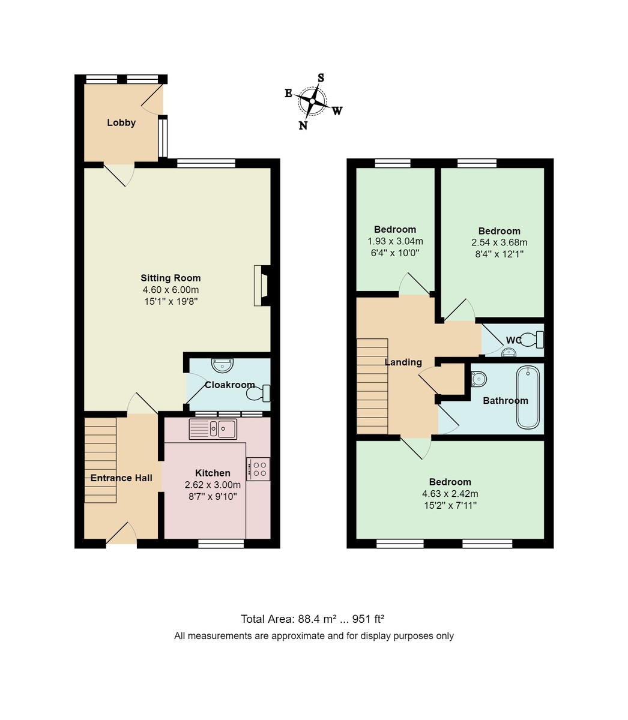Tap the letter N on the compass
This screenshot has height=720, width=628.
click(x=303, y=125)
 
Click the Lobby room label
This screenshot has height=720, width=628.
click(x=121, y=122)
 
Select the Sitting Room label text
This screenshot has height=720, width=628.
click(x=171, y=278)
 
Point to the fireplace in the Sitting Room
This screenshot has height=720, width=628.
click(x=263, y=286)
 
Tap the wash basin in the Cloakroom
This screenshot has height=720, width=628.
click(x=223, y=364)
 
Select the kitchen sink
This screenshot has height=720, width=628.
click(x=213, y=429)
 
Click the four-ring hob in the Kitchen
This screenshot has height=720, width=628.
click(x=259, y=469)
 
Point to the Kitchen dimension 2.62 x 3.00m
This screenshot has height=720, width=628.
click(x=213, y=485)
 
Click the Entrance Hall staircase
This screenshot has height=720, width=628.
click(x=100, y=460)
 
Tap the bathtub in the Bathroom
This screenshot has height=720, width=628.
click(x=528, y=397)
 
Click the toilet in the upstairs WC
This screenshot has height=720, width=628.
click(x=531, y=340)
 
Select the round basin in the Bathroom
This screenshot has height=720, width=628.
click(x=479, y=379)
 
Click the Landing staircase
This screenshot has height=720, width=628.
click(x=372, y=386)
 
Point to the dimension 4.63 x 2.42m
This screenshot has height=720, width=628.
click(x=450, y=494)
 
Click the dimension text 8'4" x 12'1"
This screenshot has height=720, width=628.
click(x=499, y=254)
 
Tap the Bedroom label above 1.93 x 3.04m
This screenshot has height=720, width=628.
click(x=395, y=229)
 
